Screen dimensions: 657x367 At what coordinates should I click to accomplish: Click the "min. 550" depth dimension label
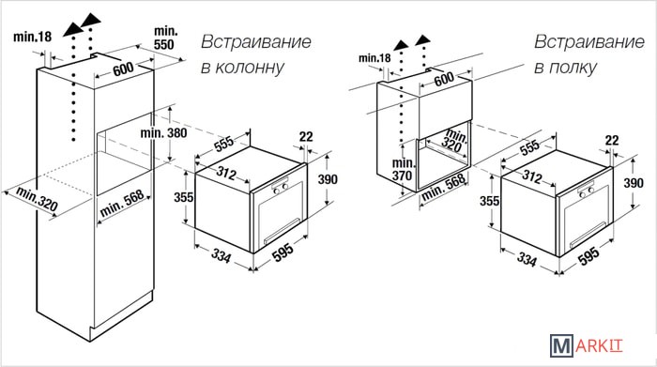pyautogui.click(x=165, y=38)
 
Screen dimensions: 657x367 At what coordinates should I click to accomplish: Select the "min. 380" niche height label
pyautogui.click(x=163, y=133)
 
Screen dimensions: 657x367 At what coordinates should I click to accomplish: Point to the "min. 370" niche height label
pyautogui.click(x=403, y=169)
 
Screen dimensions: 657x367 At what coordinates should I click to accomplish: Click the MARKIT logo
pyautogui.click(x=587, y=345)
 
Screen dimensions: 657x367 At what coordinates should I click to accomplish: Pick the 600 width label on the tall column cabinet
pyautogui.click(x=124, y=69)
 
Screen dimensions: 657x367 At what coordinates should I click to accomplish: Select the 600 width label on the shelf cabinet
pyautogui.click(x=444, y=79)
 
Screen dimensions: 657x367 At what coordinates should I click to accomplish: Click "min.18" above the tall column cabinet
pyautogui.click(x=32, y=37)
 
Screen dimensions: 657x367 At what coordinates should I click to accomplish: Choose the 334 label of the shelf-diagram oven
pyautogui.click(x=527, y=259)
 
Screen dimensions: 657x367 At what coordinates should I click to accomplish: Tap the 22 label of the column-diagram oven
pyautogui.click(x=306, y=137)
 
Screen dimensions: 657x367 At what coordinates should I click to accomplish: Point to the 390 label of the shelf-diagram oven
pyautogui.click(x=634, y=183)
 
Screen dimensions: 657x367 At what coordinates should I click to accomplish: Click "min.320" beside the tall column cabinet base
pyautogui.click(x=37, y=199)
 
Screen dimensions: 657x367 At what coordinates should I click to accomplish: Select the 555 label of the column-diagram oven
pyautogui.click(x=223, y=144)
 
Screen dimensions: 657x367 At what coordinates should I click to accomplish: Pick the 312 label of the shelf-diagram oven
pyautogui.click(x=532, y=176)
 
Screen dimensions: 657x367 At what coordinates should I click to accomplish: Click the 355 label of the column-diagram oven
pyautogui.click(x=184, y=197)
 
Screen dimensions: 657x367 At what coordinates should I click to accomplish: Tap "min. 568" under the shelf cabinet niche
pyautogui.click(x=443, y=187)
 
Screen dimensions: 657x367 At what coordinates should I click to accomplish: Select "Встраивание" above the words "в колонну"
pyautogui.click(x=256, y=42)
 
